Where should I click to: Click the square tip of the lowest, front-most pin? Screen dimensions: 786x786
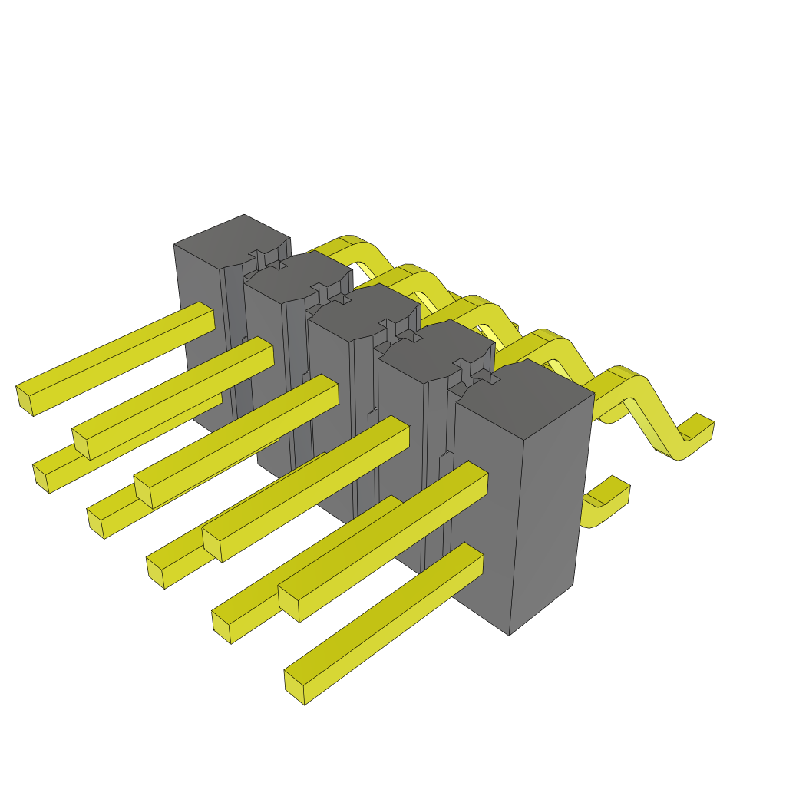coord(294,687)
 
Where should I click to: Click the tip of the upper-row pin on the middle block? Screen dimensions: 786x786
coord(143,491)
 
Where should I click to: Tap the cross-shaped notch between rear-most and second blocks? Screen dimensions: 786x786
coord(263,259)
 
